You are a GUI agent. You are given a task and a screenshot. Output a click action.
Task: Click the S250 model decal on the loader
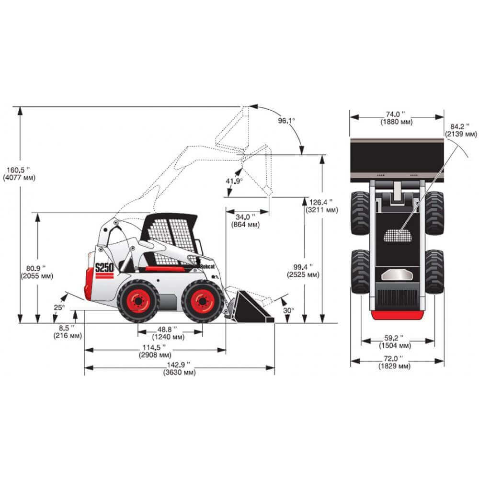pos(104,267)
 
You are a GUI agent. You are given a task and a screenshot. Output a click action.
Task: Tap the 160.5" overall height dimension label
pos(19,173)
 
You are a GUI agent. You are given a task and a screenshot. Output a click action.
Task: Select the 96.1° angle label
pos(286,121)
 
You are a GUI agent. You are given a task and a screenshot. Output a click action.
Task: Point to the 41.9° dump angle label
pos(234,181)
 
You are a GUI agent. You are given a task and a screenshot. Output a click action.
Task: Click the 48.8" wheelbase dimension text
pos(168,333)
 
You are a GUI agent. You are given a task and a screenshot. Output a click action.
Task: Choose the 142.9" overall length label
pos(179,368)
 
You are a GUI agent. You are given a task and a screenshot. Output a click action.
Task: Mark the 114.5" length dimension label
pos(155,351)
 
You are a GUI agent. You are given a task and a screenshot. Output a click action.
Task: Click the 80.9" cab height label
pos(37,272)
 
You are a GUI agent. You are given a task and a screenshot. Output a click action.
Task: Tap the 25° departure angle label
pos(59,308)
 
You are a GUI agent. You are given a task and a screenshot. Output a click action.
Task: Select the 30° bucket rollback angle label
pos(288,310)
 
